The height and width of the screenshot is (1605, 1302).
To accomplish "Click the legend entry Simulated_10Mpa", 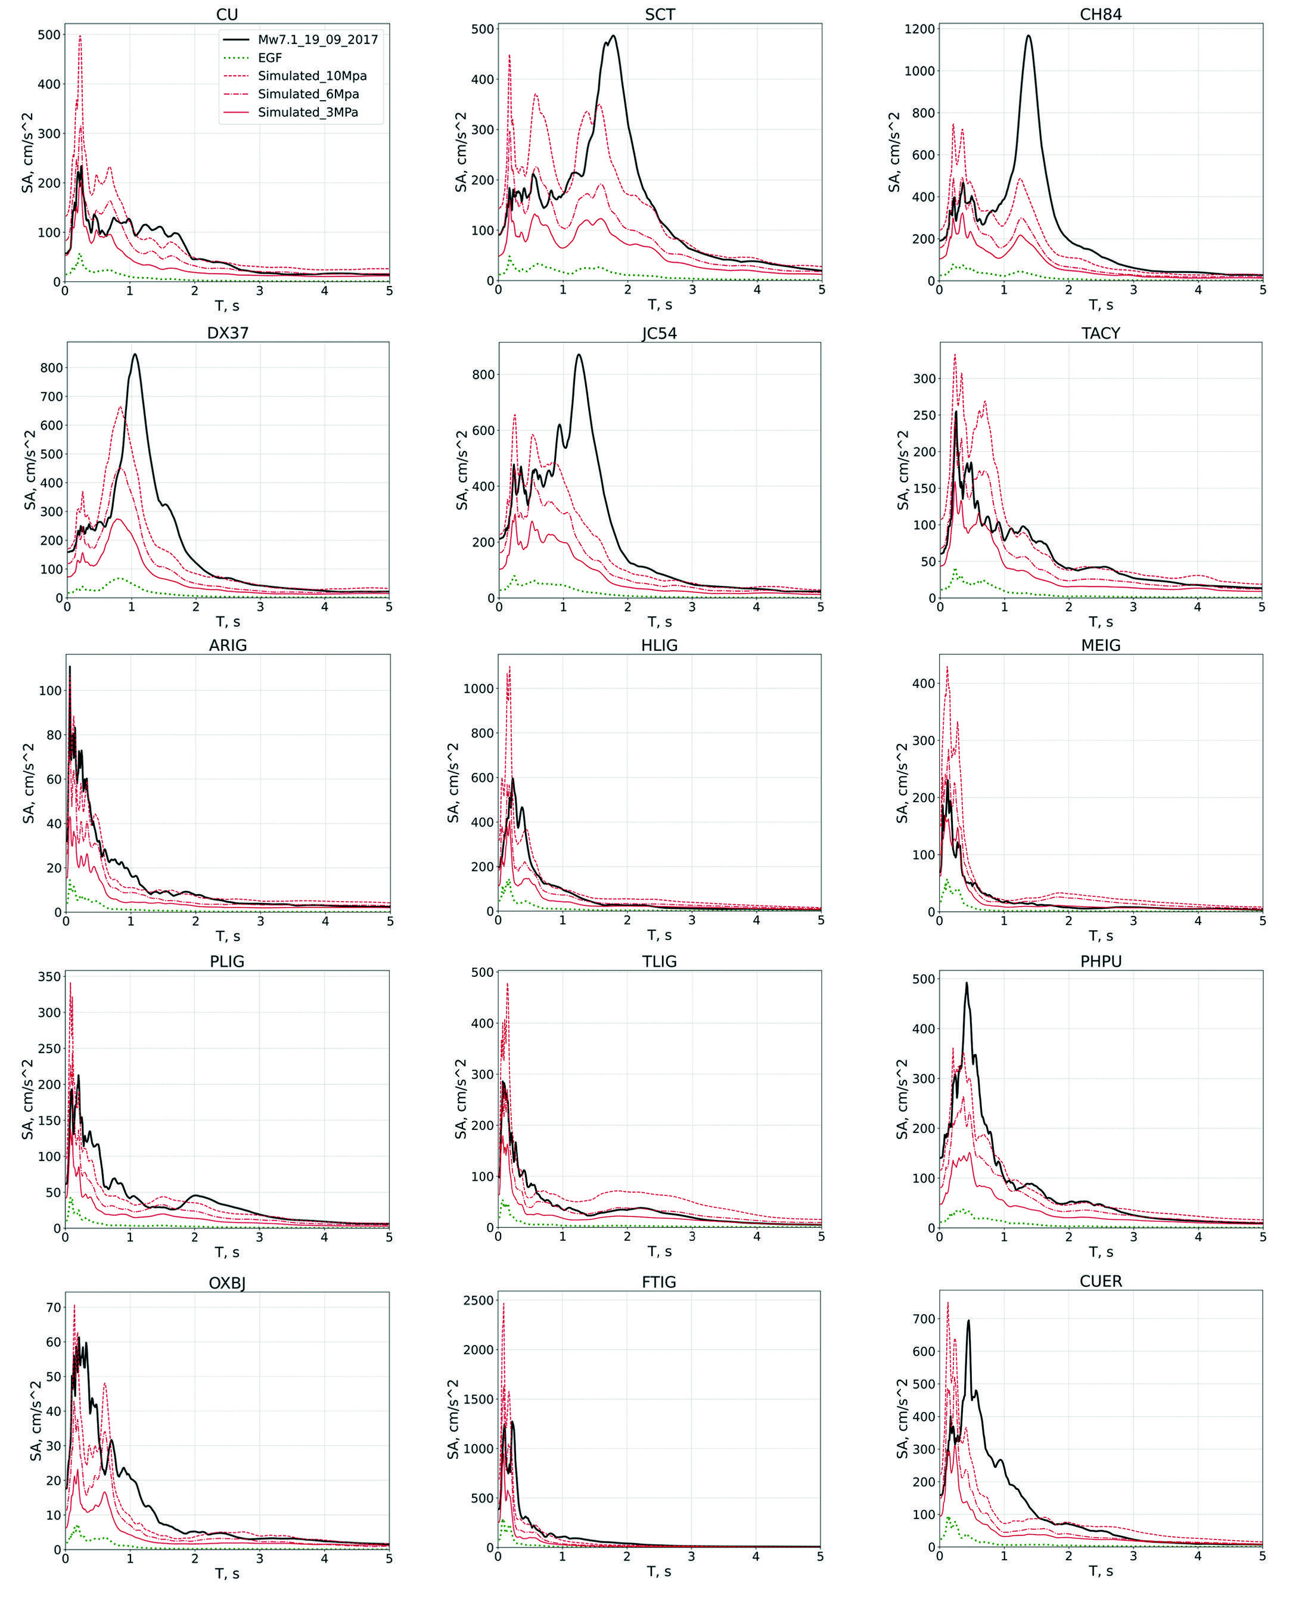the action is click(x=313, y=76).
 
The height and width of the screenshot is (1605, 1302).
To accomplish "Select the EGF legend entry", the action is click(x=270, y=58).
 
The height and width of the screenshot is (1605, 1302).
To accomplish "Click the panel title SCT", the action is click(x=660, y=14).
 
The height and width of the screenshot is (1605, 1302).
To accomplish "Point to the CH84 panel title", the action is click(x=1101, y=14).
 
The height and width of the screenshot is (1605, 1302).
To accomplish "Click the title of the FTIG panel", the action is click(x=659, y=1282).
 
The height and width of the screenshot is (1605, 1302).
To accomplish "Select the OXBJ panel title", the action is click(x=227, y=1283).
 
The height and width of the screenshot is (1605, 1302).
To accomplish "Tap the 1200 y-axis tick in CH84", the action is click(x=919, y=29).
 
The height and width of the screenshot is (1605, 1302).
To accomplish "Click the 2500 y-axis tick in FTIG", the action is click(x=478, y=1300).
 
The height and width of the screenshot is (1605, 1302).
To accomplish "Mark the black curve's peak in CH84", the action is click(x=1028, y=35).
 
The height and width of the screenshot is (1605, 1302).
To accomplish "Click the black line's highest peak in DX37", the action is click(x=135, y=354).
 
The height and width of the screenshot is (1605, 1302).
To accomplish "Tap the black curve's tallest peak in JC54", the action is click(x=578, y=355).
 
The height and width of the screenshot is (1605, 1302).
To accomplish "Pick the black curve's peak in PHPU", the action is click(x=966, y=983).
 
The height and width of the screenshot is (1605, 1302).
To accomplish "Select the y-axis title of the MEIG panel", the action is click(x=902, y=783).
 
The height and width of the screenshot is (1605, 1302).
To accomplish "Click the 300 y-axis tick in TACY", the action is click(x=925, y=378).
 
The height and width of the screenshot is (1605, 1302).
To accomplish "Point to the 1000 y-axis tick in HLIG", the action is click(x=478, y=688).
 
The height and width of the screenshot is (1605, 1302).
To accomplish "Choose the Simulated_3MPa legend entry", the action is click(x=308, y=113).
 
